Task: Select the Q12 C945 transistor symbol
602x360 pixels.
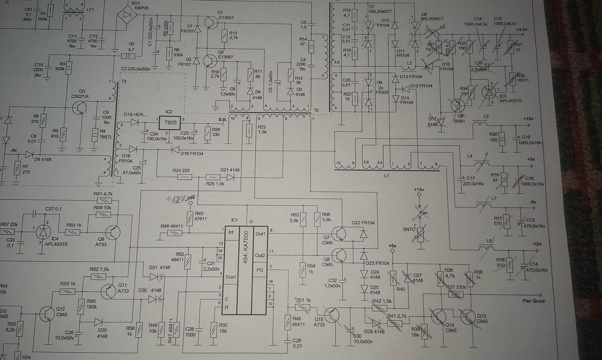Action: click(48, 313)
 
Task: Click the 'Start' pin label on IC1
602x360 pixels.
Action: click(231, 276)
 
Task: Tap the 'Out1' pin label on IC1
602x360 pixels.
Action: click(260, 233)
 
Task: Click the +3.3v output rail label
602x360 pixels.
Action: click(522, 30)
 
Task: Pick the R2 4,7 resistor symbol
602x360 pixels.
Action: click(127, 56)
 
